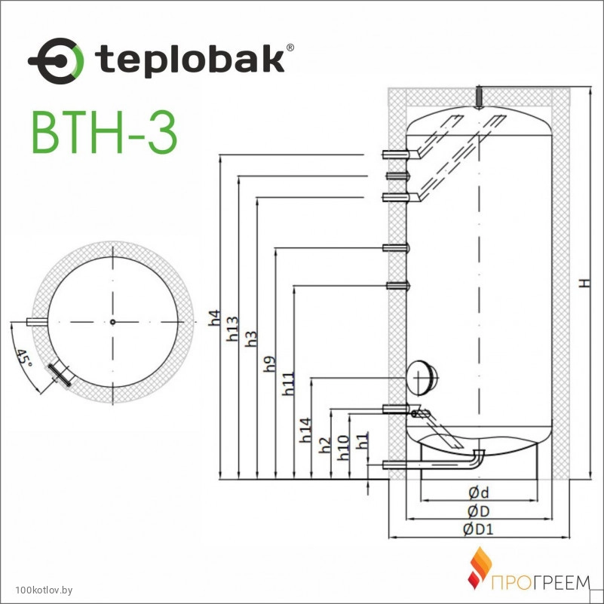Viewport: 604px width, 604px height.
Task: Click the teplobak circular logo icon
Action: tap(57, 61)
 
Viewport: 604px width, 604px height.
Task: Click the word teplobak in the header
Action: tap(190, 60)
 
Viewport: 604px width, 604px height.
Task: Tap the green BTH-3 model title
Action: tap(104, 132)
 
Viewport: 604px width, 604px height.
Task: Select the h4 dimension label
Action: tap(214, 317)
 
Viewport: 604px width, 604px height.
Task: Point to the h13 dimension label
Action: tap(232, 329)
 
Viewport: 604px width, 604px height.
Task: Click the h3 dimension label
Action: tap(251, 339)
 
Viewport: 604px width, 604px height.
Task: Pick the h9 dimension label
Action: tap(269, 364)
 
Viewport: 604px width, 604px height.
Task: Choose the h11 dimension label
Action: tap(288, 384)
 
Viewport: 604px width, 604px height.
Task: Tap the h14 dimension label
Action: tap(306, 430)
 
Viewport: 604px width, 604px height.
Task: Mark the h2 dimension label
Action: tap(325, 446)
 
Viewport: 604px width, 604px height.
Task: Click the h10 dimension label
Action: tap(343, 448)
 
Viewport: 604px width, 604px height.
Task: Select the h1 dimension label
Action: tap(362, 440)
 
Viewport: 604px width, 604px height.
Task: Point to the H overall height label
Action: tap(585, 284)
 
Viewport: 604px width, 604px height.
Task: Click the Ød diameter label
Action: tap(478, 492)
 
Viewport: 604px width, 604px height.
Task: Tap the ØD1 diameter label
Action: tap(478, 529)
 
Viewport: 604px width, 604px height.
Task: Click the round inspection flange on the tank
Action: tap(422, 378)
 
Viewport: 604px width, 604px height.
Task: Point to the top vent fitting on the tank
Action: tap(479, 97)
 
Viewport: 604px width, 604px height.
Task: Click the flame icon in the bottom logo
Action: tap(480, 568)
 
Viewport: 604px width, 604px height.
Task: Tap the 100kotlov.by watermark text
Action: tap(44, 590)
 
